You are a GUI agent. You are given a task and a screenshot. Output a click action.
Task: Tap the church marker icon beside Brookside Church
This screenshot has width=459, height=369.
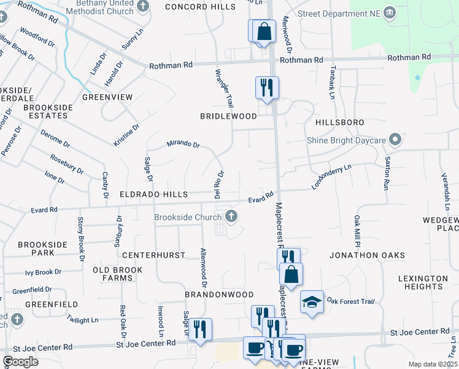[x=231, y=215]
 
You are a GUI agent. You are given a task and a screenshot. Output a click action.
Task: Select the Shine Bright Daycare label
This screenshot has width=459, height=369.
[x=346, y=140]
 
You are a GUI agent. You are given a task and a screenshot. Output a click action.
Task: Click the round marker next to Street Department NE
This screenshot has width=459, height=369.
[x=389, y=14]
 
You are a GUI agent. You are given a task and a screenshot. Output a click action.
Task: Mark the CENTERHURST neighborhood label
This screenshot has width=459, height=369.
[x=145, y=255]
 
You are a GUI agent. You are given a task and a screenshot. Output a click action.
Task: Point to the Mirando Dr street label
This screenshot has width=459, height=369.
[x=183, y=145]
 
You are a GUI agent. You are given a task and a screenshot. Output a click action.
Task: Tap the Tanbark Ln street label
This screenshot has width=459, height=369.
[x=332, y=82]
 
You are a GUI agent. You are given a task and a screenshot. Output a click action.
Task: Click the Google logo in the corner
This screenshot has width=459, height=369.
[x=20, y=362]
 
